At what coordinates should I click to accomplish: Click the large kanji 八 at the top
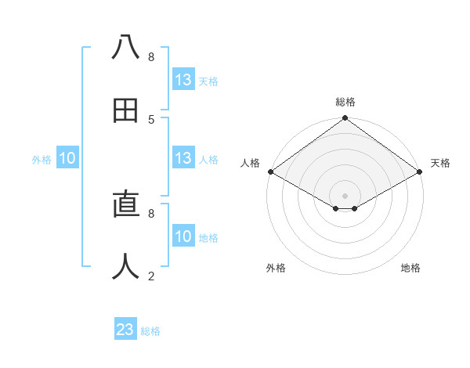[x=125, y=48]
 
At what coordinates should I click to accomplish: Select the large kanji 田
[x=125, y=110]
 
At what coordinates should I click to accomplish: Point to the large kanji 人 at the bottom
[x=125, y=267]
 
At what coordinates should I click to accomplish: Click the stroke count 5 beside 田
[x=151, y=119]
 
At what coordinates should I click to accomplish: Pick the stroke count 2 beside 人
[x=151, y=276]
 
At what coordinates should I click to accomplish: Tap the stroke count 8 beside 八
[x=151, y=56]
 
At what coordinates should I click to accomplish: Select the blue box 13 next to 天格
[x=183, y=80]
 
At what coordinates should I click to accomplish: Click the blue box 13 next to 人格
[x=183, y=158]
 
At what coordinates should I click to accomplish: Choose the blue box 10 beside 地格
[x=183, y=236]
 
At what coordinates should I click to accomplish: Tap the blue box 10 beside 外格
[x=67, y=158]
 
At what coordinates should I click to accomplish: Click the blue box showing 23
[x=125, y=330]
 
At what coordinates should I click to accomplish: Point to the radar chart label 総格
[x=345, y=102]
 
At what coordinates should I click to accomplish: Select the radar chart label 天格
[x=440, y=163]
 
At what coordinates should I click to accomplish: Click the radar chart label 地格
[x=410, y=268]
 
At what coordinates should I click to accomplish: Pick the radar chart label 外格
[x=276, y=268]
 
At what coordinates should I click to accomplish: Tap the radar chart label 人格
[x=250, y=163]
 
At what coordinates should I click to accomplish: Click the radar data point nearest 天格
[x=420, y=171]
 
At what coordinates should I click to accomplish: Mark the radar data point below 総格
[x=345, y=119]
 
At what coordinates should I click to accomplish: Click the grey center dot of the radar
[x=345, y=195]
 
